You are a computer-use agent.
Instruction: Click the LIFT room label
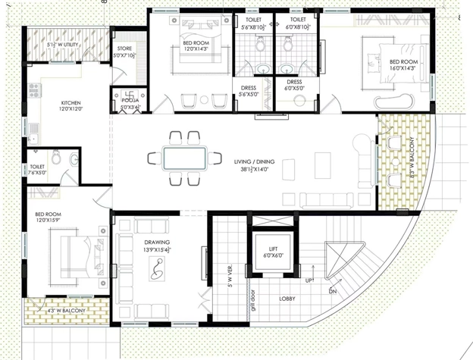(x=273, y=252)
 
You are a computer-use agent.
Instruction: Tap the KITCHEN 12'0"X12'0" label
(x=71, y=106)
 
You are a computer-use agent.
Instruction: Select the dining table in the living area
(x=184, y=158)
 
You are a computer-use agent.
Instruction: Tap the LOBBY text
(x=287, y=299)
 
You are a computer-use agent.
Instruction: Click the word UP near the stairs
(x=309, y=280)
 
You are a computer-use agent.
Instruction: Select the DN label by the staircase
(x=333, y=292)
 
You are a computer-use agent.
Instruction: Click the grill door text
(x=253, y=300)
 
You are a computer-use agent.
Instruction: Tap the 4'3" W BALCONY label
(x=67, y=311)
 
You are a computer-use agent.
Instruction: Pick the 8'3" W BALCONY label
(x=412, y=158)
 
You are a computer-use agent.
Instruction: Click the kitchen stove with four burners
(x=34, y=90)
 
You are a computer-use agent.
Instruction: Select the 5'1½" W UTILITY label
(x=62, y=45)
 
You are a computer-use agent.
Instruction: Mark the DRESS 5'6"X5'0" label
(x=249, y=91)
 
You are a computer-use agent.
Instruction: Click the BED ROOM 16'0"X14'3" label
(x=403, y=65)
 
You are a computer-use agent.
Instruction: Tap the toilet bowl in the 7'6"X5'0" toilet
(x=55, y=157)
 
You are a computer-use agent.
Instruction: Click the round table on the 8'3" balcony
(x=396, y=162)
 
